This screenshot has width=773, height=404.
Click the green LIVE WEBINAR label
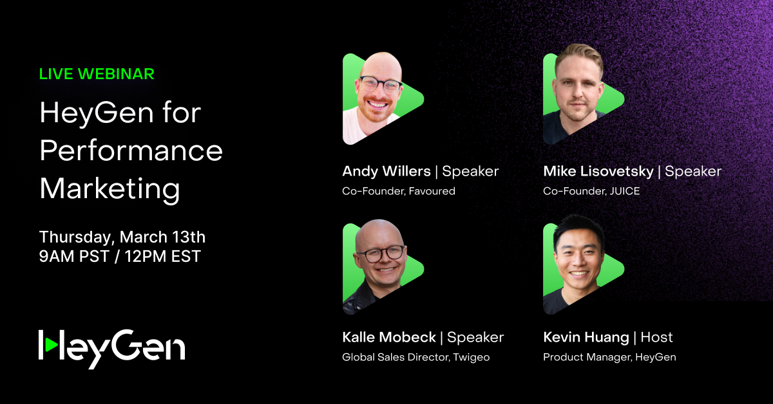(97, 74)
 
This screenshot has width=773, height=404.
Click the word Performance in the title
(131, 151)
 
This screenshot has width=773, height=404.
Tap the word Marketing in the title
(110, 188)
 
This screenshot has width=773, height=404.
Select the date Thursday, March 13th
(122, 237)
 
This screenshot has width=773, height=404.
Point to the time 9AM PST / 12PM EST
(120, 257)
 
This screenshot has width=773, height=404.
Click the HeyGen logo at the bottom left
(111, 347)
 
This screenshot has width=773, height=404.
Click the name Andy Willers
(386, 171)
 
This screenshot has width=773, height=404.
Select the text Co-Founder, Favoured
(398, 191)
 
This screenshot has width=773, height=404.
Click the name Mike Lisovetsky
(598, 171)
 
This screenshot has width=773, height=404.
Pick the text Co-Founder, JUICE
(591, 191)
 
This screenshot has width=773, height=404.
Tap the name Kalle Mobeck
(388, 337)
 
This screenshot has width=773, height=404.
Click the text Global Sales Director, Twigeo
(415, 357)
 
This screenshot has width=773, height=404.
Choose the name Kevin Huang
(586, 337)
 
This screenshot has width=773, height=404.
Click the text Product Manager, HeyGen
(609, 357)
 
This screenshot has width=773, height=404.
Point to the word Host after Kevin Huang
(656, 337)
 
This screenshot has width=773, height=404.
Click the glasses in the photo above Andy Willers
(379, 84)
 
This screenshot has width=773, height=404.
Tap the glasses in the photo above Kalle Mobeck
(379, 253)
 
